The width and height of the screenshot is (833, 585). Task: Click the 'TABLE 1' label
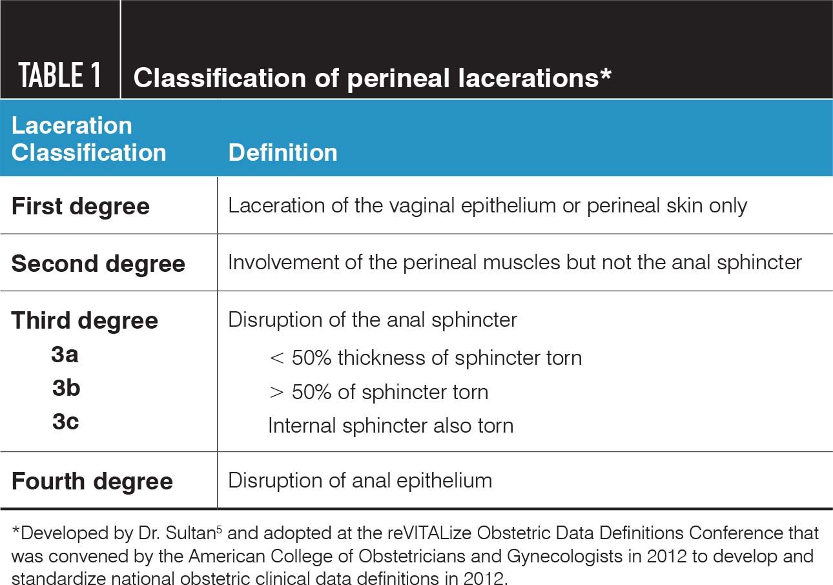pos(59,75)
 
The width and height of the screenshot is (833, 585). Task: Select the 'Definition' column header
pos(283,152)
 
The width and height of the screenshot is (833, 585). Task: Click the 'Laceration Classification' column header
pos(88,139)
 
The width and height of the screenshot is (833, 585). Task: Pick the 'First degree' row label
pos(80,206)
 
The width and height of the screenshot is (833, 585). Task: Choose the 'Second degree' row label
pos(98,263)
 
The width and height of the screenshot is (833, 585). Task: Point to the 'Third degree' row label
pos(85,320)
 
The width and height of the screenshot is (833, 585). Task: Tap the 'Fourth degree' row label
pos(92,481)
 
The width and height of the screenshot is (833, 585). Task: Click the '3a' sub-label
pos(65,354)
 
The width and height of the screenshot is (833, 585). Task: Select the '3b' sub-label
pos(67,388)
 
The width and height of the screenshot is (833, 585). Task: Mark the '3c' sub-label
pos(65,422)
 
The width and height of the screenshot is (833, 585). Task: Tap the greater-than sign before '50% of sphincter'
pos(276,393)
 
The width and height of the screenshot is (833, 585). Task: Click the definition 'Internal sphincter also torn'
pos(391,426)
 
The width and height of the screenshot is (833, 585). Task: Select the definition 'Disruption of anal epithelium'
pos(360,480)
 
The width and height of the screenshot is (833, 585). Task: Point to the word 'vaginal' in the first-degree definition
pos(420,206)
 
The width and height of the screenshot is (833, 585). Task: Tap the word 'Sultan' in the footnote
pos(190,533)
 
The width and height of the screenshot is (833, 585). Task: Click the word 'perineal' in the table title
pos(398,79)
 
